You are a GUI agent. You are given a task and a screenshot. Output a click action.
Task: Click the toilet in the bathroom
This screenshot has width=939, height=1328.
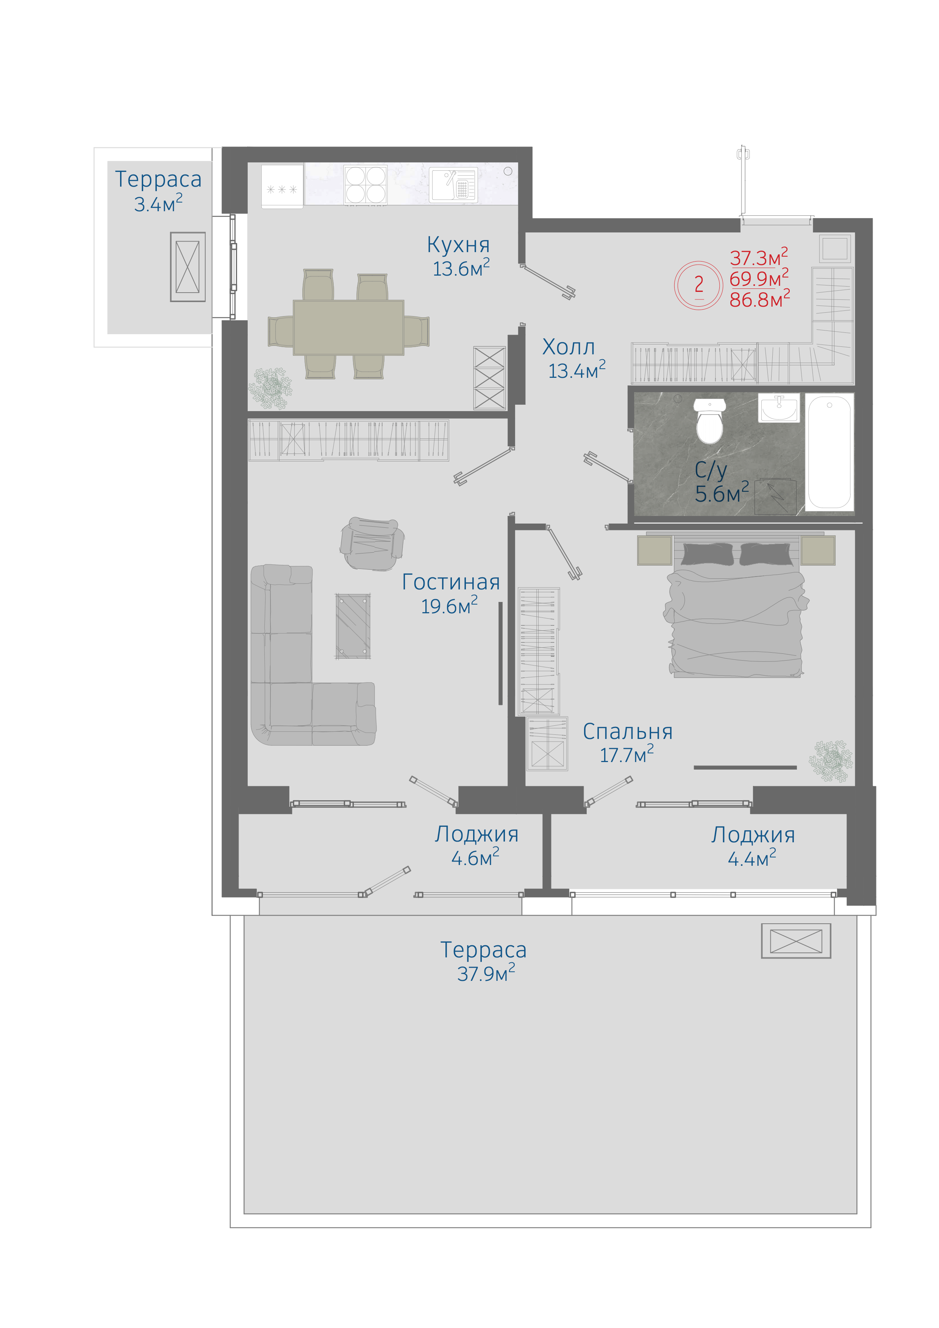709,421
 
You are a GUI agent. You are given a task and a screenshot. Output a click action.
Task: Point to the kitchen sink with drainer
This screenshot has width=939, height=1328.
453,184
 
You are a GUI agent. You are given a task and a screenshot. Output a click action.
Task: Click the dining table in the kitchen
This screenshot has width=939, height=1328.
348,327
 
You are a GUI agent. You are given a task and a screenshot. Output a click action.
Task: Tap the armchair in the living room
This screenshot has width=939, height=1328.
372,544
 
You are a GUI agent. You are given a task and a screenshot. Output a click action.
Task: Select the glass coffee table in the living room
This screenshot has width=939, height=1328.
353,627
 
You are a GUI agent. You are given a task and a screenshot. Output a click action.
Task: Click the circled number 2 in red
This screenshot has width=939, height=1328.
698,285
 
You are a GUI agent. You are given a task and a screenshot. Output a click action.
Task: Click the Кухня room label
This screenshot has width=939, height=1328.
458,245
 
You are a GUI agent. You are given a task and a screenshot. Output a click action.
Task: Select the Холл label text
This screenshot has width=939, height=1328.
568,347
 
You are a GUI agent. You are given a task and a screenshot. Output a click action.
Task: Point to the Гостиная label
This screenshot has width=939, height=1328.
451,582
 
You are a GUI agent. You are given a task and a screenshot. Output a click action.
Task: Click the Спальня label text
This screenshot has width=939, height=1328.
627,732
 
